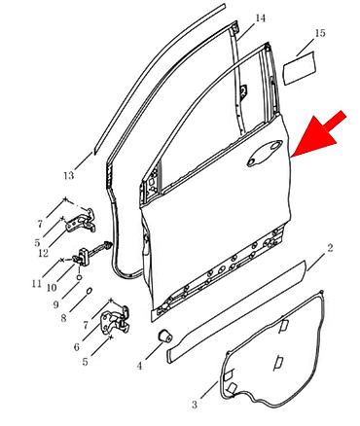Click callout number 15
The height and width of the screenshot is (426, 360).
319,33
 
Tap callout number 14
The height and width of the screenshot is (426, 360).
260,18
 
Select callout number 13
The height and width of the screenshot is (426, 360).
68,176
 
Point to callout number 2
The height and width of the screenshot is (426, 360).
330,248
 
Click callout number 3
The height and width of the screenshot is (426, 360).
195,405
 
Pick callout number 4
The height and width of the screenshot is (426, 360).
139,366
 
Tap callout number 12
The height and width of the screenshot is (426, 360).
43,253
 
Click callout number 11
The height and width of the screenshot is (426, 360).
37,284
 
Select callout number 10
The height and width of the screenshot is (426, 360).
52,287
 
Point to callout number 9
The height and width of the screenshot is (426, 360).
56,304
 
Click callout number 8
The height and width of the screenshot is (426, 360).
63,318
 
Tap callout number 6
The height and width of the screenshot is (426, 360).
76,347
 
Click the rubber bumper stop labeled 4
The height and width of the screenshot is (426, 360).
165,337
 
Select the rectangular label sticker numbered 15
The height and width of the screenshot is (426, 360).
300,68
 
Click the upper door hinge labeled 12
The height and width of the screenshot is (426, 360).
82,221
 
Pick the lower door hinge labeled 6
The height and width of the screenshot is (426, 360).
115,321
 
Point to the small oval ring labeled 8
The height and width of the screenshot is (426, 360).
90,291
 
